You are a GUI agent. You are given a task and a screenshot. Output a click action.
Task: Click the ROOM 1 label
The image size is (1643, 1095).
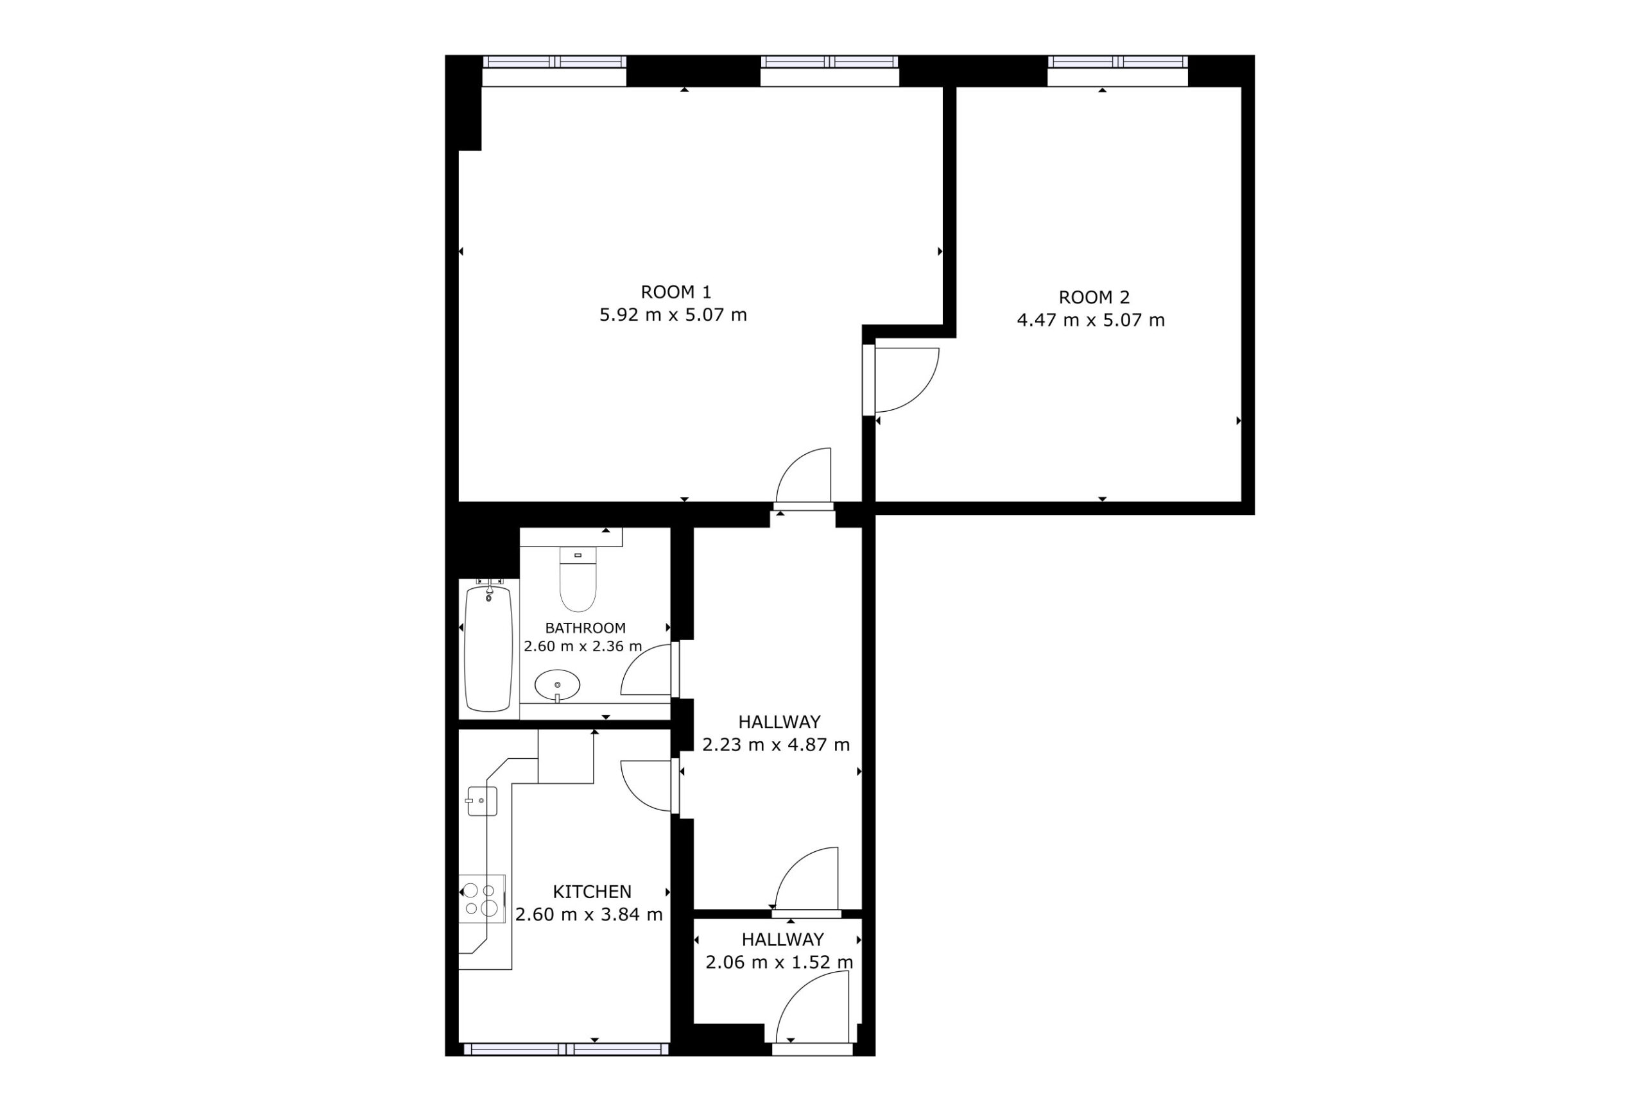676,292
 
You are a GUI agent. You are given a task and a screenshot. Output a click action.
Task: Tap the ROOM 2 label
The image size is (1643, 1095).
1094,298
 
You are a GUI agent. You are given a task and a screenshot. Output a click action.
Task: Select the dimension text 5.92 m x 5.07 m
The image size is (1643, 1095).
673,315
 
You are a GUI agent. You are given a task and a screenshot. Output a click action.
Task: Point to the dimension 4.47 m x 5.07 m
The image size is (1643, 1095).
1091,321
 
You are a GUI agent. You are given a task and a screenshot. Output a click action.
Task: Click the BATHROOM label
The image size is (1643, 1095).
585,629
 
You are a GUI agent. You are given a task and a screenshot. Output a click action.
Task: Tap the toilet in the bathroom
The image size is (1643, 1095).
578,580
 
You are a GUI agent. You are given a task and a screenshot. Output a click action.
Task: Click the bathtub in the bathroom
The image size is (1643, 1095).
488,648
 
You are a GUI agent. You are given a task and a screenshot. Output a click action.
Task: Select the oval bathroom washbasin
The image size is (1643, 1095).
558,686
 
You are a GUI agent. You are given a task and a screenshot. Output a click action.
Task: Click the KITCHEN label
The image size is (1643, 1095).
592,892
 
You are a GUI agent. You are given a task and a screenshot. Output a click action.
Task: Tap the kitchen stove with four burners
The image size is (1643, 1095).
482,899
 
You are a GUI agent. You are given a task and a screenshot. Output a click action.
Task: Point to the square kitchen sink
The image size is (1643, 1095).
482,801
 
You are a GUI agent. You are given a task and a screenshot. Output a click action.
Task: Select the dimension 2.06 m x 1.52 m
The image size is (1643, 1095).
780,963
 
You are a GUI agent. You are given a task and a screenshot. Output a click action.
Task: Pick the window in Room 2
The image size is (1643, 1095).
1117,62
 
